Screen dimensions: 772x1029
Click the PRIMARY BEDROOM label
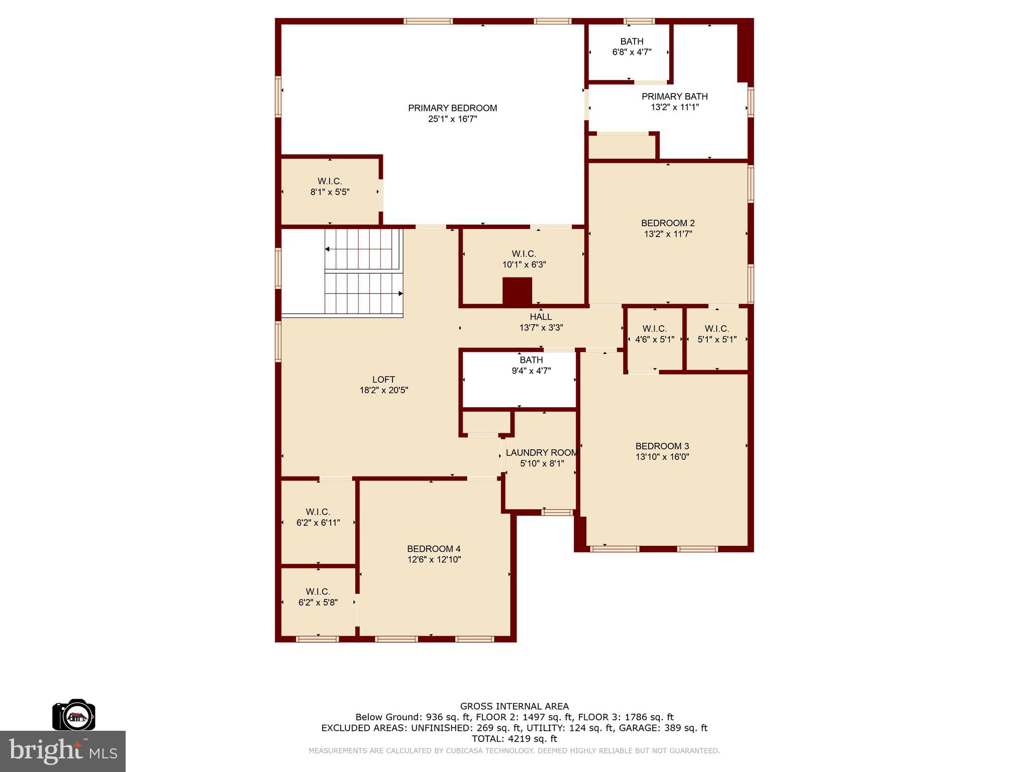coord(452,108)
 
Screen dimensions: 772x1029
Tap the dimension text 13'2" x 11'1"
coord(674,107)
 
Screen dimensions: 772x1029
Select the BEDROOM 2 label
coord(668,223)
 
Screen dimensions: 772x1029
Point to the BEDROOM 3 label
coord(662,446)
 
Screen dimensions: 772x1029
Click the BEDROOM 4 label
coord(434,549)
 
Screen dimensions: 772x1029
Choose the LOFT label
coord(383,379)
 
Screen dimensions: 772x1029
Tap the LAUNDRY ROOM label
coord(542,453)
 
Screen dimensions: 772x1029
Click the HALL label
coord(541,317)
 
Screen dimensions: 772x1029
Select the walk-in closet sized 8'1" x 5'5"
coord(330,186)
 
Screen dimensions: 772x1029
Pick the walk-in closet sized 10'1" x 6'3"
coord(524,259)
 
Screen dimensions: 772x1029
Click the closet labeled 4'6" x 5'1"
coord(654,334)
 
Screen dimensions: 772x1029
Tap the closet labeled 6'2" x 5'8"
coord(318,597)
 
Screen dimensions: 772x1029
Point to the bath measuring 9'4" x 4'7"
coord(531,365)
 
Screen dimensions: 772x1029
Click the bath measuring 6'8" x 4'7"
coord(632,47)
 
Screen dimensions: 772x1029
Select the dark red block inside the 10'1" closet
coord(517,291)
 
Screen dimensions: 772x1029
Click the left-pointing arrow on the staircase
coord(328,249)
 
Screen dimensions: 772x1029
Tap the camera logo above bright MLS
coord(74,715)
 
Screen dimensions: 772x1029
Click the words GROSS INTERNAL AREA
coord(514,706)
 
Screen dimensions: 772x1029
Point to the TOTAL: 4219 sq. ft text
coord(514,738)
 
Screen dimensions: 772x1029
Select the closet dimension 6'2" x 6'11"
coord(318,523)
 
